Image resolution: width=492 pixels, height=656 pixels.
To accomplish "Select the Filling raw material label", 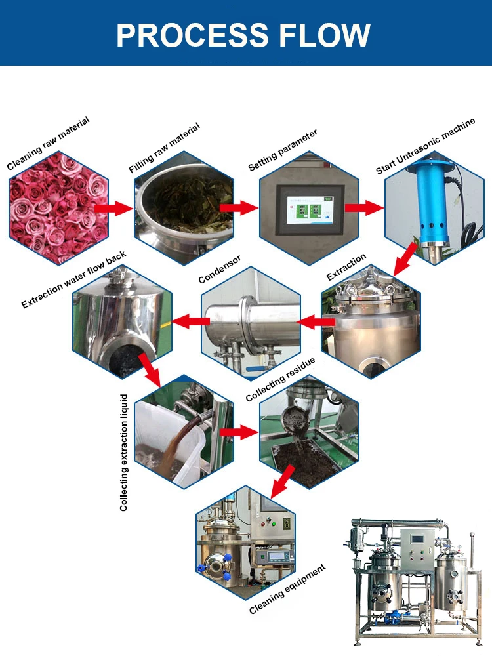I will tap(165, 148).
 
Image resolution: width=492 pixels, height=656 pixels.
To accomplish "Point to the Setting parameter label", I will tap(283, 150).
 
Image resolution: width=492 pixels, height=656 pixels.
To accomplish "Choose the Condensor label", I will tap(220, 269).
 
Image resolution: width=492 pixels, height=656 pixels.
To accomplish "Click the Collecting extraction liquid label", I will tap(123, 452).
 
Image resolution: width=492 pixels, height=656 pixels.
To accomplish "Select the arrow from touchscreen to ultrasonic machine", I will tap(364, 208).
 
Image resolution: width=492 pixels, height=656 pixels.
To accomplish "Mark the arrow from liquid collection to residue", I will tap(238, 432).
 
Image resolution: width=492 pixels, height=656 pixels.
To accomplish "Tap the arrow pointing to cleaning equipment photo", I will tap(282, 486).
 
